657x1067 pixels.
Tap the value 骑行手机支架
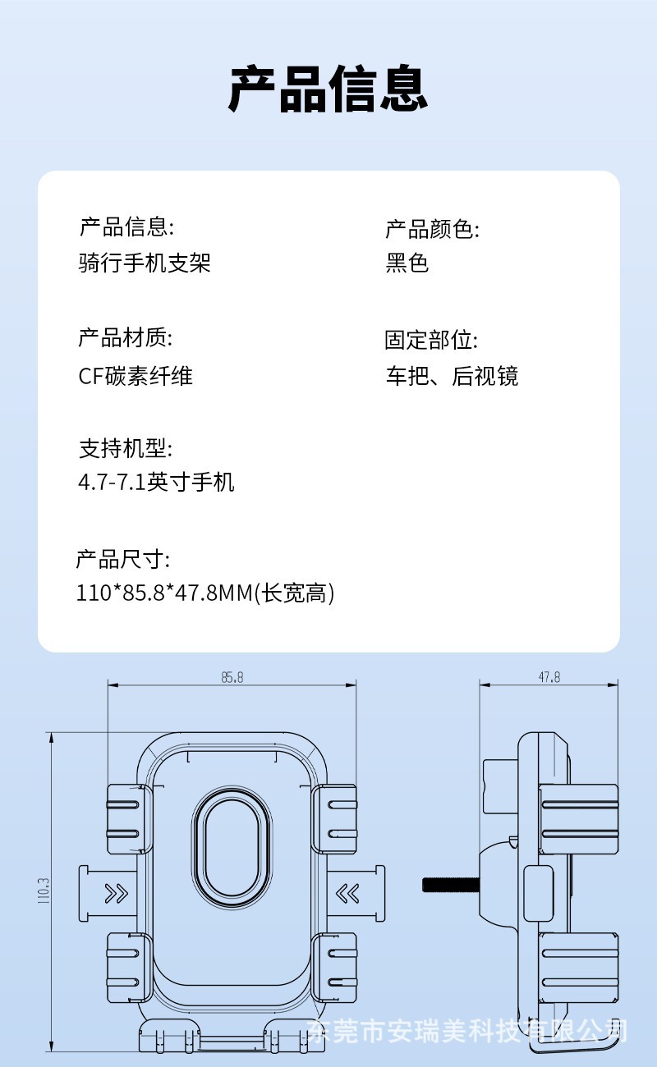click(145, 263)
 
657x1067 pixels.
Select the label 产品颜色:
click(432, 229)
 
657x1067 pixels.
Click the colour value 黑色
click(407, 263)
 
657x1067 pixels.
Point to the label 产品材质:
click(125, 337)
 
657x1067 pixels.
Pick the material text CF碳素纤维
click(136, 376)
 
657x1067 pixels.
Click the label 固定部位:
click(431, 340)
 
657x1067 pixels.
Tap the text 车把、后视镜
click(452, 376)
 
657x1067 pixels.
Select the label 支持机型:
click(125, 448)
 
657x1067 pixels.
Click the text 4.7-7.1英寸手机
click(156, 481)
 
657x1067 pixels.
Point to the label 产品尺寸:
click(123, 560)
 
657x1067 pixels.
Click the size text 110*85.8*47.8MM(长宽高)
click(205, 593)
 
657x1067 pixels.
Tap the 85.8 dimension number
click(232, 678)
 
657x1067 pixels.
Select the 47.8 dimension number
click(549, 678)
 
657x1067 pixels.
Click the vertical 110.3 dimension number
click(44, 891)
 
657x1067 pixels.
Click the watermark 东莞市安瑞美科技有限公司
click(470, 1030)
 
